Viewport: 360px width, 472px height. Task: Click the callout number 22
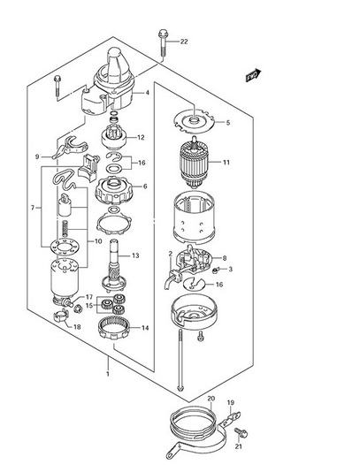[x=184, y=42]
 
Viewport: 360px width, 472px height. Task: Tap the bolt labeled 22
[x=163, y=42]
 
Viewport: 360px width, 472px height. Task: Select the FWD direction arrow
[x=253, y=75]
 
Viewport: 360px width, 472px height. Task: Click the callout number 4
[x=147, y=93]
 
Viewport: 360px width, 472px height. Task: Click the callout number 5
[x=227, y=123]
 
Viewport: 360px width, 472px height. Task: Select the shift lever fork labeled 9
[x=70, y=147]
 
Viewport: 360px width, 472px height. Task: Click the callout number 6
[x=145, y=187]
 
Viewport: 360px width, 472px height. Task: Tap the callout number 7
[x=33, y=208]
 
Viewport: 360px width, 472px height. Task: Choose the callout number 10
[x=98, y=241]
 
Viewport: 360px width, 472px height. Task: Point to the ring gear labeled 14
[x=114, y=328]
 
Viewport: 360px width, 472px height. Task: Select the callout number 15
[x=89, y=306]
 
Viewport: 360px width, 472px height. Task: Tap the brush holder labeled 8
[x=195, y=260]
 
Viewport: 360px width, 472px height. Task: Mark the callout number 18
[x=77, y=327]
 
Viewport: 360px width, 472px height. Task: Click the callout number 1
[x=107, y=374]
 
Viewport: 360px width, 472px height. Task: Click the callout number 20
[x=211, y=399]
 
